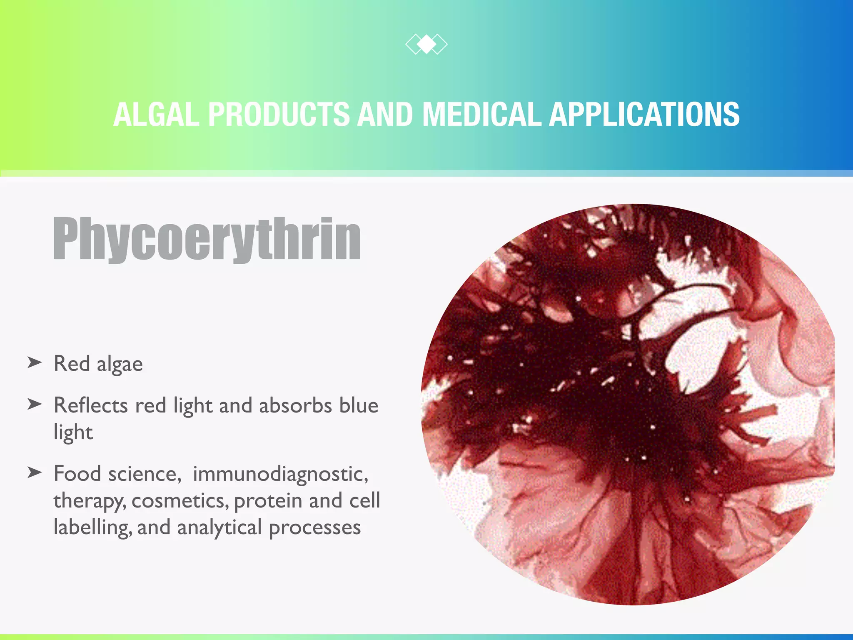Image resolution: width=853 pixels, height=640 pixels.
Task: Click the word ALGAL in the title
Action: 157,114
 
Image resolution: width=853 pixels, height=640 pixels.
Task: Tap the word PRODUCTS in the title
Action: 279,114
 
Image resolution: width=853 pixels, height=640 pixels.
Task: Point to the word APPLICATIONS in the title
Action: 644,114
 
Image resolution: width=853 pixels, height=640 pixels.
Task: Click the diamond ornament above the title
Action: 426,44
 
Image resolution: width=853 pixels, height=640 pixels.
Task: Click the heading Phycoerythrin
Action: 207,239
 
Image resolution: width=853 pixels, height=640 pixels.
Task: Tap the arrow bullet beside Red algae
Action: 35,362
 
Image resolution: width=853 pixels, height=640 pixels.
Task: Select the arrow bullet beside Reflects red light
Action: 35,404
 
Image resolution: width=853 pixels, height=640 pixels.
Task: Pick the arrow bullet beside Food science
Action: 35,472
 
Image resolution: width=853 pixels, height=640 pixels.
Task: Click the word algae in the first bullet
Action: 120,365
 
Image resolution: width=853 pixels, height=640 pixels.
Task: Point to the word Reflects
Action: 91,405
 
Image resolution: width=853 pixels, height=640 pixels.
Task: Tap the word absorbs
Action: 295,405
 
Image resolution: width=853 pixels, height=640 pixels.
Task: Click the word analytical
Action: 219,528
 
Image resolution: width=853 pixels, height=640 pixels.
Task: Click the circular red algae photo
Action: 628,404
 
